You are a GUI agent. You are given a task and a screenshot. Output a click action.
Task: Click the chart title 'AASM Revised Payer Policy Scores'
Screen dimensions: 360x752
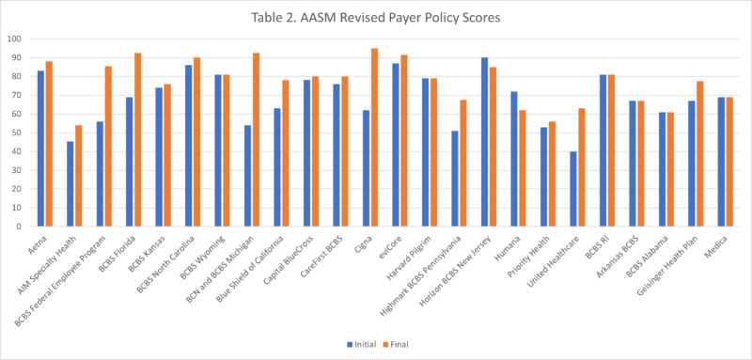376,16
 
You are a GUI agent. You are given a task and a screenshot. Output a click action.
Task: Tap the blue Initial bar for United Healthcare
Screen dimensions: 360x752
572,189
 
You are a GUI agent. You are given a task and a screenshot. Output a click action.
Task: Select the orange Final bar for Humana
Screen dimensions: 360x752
523,168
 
